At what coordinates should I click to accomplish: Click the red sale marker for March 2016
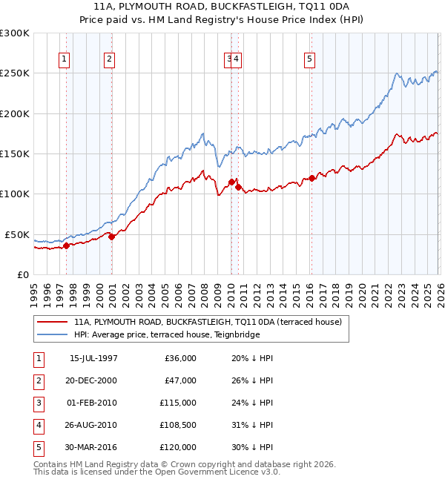(312, 178)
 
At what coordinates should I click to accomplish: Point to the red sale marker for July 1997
(66, 245)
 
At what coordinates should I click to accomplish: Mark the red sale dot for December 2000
(111, 237)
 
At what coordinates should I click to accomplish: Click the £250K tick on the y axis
(15, 73)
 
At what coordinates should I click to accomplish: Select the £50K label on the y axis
(17, 234)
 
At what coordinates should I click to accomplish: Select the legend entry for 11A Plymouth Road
(207, 322)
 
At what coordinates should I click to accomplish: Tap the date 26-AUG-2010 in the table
(93, 425)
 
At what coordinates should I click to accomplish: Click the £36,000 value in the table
(179, 358)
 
